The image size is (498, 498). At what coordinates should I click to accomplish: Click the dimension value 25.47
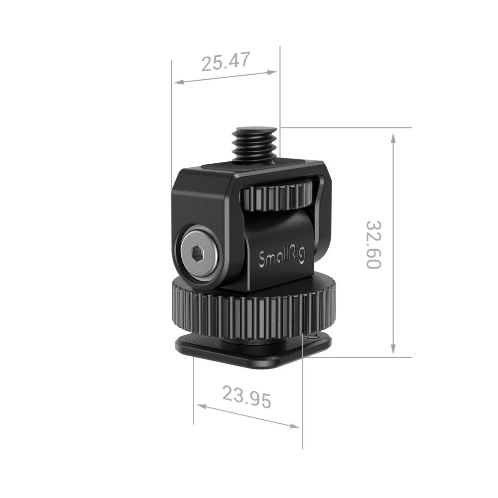tap(225, 62)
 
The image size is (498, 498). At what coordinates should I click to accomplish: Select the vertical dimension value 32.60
tap(374, 244)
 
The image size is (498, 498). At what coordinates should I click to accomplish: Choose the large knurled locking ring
tap(253, 312)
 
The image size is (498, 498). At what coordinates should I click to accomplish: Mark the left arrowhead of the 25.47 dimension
tap(176, 82)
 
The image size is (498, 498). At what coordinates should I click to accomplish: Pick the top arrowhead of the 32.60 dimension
tap(393, 137)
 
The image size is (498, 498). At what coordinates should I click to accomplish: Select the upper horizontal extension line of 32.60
tap(349, 127)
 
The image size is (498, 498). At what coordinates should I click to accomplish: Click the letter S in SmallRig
tap(262, 259)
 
